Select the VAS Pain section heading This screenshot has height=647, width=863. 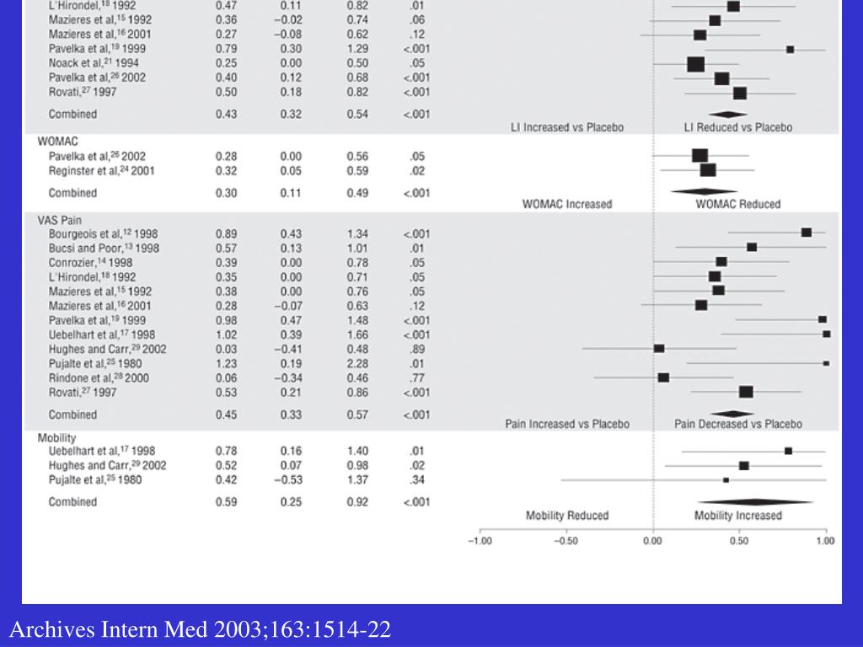point(60,220)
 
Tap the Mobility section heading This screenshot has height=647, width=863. point(56,438)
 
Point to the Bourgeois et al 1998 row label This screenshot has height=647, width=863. point(103,233)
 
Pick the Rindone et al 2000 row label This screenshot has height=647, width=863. point(99,378)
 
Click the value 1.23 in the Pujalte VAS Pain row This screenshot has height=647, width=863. point(226,364)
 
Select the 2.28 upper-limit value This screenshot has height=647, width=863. point(357,364)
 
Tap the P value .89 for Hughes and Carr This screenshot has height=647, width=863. point(416,350)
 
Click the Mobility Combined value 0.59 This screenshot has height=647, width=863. point(226,502)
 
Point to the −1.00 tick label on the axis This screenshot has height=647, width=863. point(480,542)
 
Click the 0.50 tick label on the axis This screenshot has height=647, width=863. point(739,542)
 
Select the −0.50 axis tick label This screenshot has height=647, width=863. point(566,542)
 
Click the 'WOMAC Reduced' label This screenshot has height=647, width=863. point(737,204)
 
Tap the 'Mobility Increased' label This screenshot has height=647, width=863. point(737,516)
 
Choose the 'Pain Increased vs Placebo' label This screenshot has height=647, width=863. point(567,424)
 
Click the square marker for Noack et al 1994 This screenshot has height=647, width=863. point(695,64)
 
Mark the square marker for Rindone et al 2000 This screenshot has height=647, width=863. point(663,377)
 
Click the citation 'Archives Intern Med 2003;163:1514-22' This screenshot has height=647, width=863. point(201,630)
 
